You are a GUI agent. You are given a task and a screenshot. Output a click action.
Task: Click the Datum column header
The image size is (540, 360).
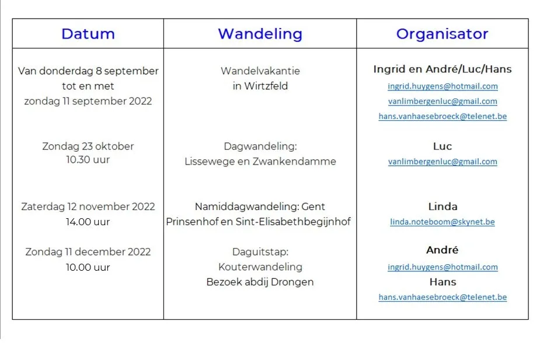(x=88, y=34)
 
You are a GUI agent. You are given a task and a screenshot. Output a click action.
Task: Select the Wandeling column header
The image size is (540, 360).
(x=260, y=34)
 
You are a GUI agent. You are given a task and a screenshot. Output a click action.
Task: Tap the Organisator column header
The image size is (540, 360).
(x=442, y=34)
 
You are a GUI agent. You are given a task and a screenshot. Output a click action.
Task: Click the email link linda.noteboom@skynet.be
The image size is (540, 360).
(x=442, y=222)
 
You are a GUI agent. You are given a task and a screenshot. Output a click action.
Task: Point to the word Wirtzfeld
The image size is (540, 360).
(x=266, y=86)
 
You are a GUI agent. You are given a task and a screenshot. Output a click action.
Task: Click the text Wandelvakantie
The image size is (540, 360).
(x=260, y=71)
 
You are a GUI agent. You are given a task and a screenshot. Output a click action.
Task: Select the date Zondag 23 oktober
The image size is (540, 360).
(x=88, y=146)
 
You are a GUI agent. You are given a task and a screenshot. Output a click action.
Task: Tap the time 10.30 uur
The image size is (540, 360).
(x=88, y=160)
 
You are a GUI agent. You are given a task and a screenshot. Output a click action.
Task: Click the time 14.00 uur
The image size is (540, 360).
(x=88, y=222)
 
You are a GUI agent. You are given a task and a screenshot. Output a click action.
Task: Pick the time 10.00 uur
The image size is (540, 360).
(x=88, y=267)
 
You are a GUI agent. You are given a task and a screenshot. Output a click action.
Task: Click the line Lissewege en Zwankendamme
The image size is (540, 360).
(x=260, y=162)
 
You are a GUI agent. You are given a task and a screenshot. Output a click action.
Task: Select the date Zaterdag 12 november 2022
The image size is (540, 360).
(x=88, y=207)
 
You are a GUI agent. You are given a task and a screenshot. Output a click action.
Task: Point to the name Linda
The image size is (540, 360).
(x=443, y=207)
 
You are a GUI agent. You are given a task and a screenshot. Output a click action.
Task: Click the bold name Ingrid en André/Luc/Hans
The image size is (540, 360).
(x=442, y=69)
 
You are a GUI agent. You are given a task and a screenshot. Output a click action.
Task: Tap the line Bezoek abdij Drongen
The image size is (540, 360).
(x=260, y=282)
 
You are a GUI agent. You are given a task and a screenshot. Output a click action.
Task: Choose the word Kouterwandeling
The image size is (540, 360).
(x=260, y=267)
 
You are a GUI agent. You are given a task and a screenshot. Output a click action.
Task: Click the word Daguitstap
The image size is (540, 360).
(x=260, y=252)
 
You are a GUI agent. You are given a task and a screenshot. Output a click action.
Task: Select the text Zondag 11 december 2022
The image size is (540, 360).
(x=88, y=252)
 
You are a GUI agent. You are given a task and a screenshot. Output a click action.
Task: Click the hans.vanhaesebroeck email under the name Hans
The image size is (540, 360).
(x=443, y=298)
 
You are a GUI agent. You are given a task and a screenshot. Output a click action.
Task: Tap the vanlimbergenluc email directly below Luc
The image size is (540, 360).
(x=443, y=162)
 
